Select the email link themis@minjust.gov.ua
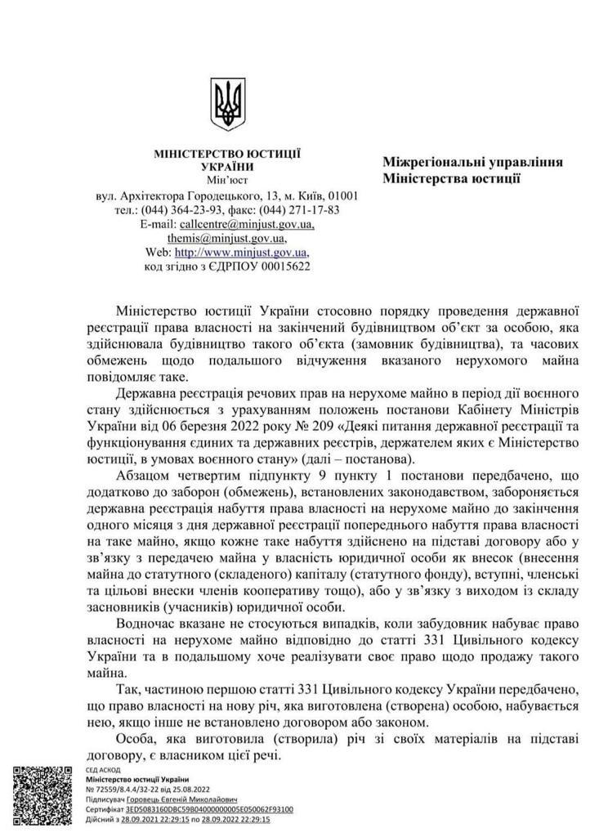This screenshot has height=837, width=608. pos(226,238)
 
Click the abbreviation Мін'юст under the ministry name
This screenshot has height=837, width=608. pos(227,181)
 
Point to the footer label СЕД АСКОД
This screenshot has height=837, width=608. pos(103,770)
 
